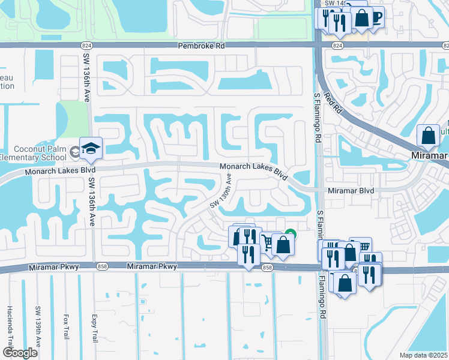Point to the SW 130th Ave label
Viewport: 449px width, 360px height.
[220, 191]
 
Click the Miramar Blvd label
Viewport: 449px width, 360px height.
[351, 190]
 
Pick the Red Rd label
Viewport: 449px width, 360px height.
[332, 101]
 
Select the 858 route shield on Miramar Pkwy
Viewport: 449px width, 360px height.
[268, 268]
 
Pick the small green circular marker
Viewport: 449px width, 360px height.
[291, 233]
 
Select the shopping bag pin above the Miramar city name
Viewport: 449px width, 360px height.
[429, 136]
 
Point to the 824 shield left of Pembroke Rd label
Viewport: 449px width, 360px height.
[88, 45]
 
